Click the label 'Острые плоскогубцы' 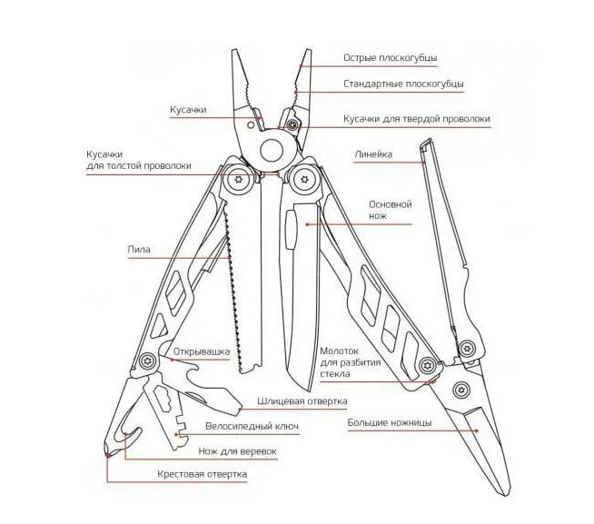[390, 58]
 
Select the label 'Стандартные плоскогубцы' [403, 84]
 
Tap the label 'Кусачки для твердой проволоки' [416, 119]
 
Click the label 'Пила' [139, 249]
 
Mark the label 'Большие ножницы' [390, 422]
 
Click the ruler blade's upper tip [423, 144]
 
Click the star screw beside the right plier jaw [292, 124]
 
